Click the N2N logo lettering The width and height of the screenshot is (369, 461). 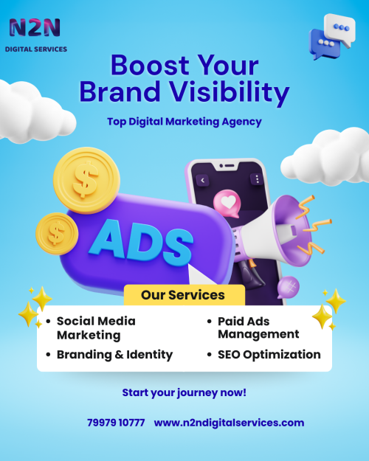(35, 27)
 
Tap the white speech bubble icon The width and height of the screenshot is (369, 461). (340, 30)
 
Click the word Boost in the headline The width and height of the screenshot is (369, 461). (150, 65)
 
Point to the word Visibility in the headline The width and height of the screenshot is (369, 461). (229, 92)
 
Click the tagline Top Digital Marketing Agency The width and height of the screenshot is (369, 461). (184, 122)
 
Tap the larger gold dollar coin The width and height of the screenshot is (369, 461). (86, 180)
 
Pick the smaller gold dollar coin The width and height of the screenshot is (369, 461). (57, 233)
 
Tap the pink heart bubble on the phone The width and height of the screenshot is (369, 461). (227, 204)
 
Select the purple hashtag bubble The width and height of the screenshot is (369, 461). (288, 287)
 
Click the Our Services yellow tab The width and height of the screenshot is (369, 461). (184, 295)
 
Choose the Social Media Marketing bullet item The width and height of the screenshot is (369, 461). (92, 328)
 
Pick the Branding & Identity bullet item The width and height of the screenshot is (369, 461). (109, 355)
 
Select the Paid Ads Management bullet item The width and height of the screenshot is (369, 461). (253, 327)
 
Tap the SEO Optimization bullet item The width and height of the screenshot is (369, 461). (264, 355)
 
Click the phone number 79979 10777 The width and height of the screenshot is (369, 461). (116, 423)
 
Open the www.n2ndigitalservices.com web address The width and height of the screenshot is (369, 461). (229, 423)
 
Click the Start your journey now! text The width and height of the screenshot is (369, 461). (184, 393)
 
